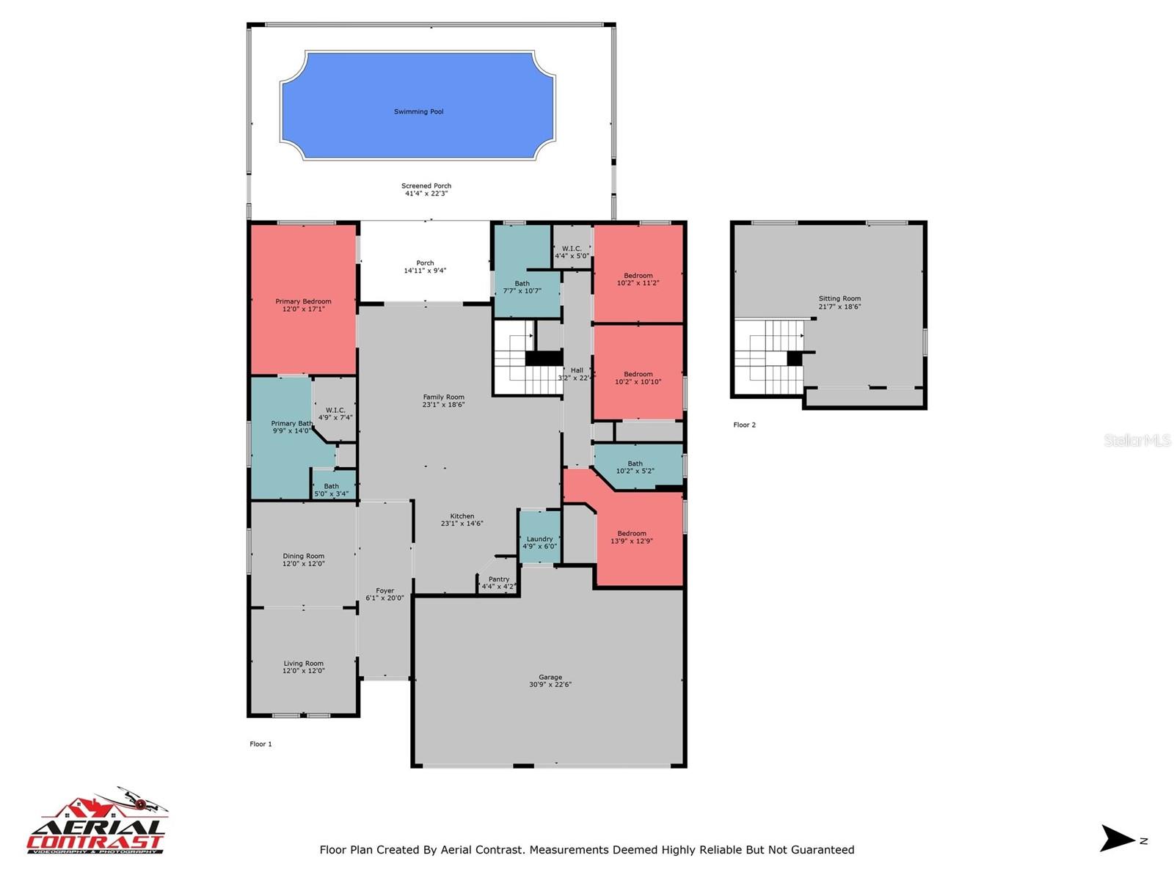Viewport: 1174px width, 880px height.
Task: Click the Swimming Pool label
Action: [x=418, y=111]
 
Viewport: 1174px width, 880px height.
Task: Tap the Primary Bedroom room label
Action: [x=303, y=301]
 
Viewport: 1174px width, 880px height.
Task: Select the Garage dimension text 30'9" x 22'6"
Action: [x=550, y=685]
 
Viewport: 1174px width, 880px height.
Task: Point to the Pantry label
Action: [x=499, y=579]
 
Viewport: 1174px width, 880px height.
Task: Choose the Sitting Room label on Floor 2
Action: [x=839, y=298]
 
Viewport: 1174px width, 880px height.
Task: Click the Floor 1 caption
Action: [x=260, y=744]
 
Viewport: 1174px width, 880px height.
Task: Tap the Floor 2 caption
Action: [x=744, y=425]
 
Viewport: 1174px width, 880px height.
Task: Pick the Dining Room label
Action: [x=303, y=556]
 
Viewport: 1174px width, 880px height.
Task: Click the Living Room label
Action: [x=303, y=664]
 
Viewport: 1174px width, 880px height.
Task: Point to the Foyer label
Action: [x=384, y=590]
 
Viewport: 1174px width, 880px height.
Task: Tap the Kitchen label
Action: [x=462, y=516]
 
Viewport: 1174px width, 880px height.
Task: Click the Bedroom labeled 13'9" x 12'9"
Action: [x=631, y=537]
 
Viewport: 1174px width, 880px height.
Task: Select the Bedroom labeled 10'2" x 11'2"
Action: [x=638, y=279]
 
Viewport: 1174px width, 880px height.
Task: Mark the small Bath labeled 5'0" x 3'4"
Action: [x=332, y=490]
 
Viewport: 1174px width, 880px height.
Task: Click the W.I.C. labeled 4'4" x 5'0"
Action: [x=572, y=252]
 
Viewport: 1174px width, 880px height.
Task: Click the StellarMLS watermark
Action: [x=1137, y=440]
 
